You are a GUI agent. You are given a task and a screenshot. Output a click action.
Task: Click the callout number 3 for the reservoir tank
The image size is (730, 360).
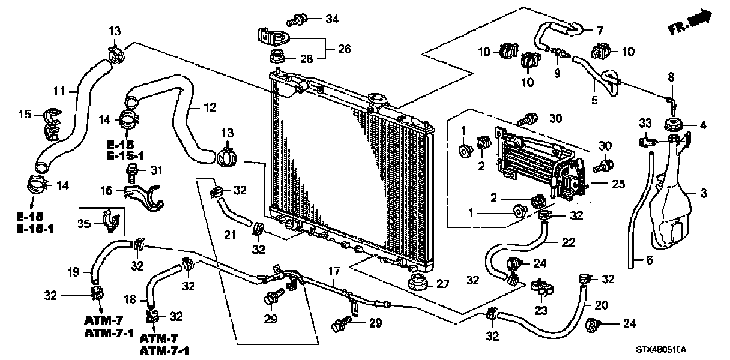[x=704, y=193]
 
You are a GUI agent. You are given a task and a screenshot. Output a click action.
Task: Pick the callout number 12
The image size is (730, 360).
[x=209, y=109]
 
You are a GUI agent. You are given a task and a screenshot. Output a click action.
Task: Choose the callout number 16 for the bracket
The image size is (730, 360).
[x=106, y=190]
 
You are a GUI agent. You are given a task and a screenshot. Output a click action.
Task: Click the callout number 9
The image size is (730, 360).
[x=557, y=73]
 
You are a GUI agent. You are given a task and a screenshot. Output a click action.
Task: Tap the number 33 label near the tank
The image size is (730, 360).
[x=644, y=124]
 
